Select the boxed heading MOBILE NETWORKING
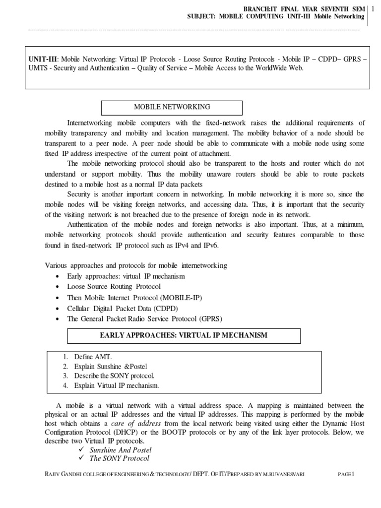(172, 107)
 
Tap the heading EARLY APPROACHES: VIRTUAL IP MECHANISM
(184, 336)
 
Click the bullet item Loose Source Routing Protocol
(114, 287)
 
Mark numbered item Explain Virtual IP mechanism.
(117, 385)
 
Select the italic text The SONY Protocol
(119, 458)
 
